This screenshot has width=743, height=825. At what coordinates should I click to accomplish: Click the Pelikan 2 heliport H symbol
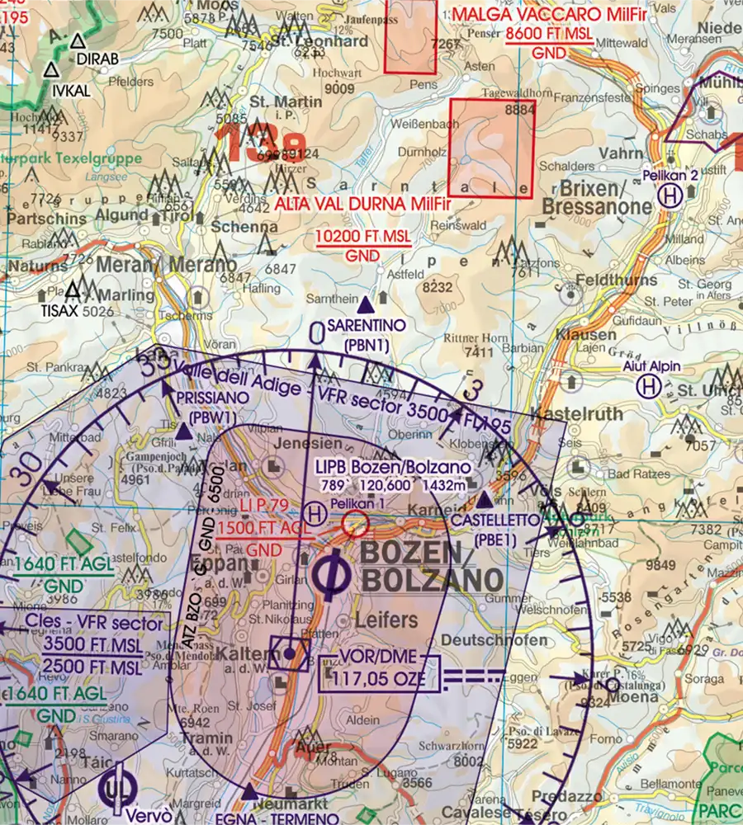pyautogui.click(x=670, y=196)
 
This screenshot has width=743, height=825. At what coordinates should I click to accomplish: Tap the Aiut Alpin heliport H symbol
pyautogui.click(x=651, y=386)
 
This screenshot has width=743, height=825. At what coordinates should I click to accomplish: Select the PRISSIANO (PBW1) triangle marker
pyautogui.click(x=183, y=430)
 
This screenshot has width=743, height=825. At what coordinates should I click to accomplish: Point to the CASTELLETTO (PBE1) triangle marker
pyautogui.click(x=485, y=499)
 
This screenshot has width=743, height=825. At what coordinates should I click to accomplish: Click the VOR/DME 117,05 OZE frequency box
pyautogui.click(x=378, y=672)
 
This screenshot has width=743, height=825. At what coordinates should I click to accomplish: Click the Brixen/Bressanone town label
pyautogui.click(x=588, y=194)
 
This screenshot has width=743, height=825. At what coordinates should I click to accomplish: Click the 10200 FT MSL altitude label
pyautogui.click(x=363, y=238)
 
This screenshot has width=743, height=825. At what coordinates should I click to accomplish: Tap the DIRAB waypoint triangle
pyautogui.click(x=78, y=40)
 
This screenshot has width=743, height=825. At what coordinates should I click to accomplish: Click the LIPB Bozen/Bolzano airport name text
pyautogui.click(x=394, y=467)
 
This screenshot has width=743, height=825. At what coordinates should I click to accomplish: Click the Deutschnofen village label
pyautogui.click(x=495, y=640)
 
